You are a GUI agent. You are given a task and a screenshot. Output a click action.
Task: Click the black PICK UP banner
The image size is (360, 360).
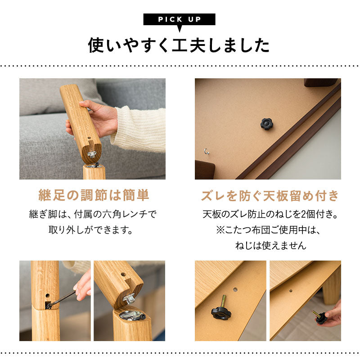(x=179, y=20)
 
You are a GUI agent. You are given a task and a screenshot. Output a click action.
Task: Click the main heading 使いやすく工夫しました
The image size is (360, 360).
(x=179, y=45)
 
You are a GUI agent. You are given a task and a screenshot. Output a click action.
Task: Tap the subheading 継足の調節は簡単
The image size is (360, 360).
(x=93, y=196)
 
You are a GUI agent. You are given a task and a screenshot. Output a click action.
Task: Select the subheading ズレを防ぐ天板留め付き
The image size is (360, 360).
(x=269, y=196)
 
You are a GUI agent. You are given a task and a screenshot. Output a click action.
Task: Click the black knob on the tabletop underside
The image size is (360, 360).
(x=266, y=124)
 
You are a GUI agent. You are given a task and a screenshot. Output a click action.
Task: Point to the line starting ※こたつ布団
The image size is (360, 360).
(x=269, y=230)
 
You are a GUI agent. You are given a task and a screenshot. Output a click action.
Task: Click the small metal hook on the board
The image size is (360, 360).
(x=207, y=151)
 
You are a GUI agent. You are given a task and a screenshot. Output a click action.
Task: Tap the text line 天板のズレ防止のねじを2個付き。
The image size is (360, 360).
(x=269, y=214)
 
